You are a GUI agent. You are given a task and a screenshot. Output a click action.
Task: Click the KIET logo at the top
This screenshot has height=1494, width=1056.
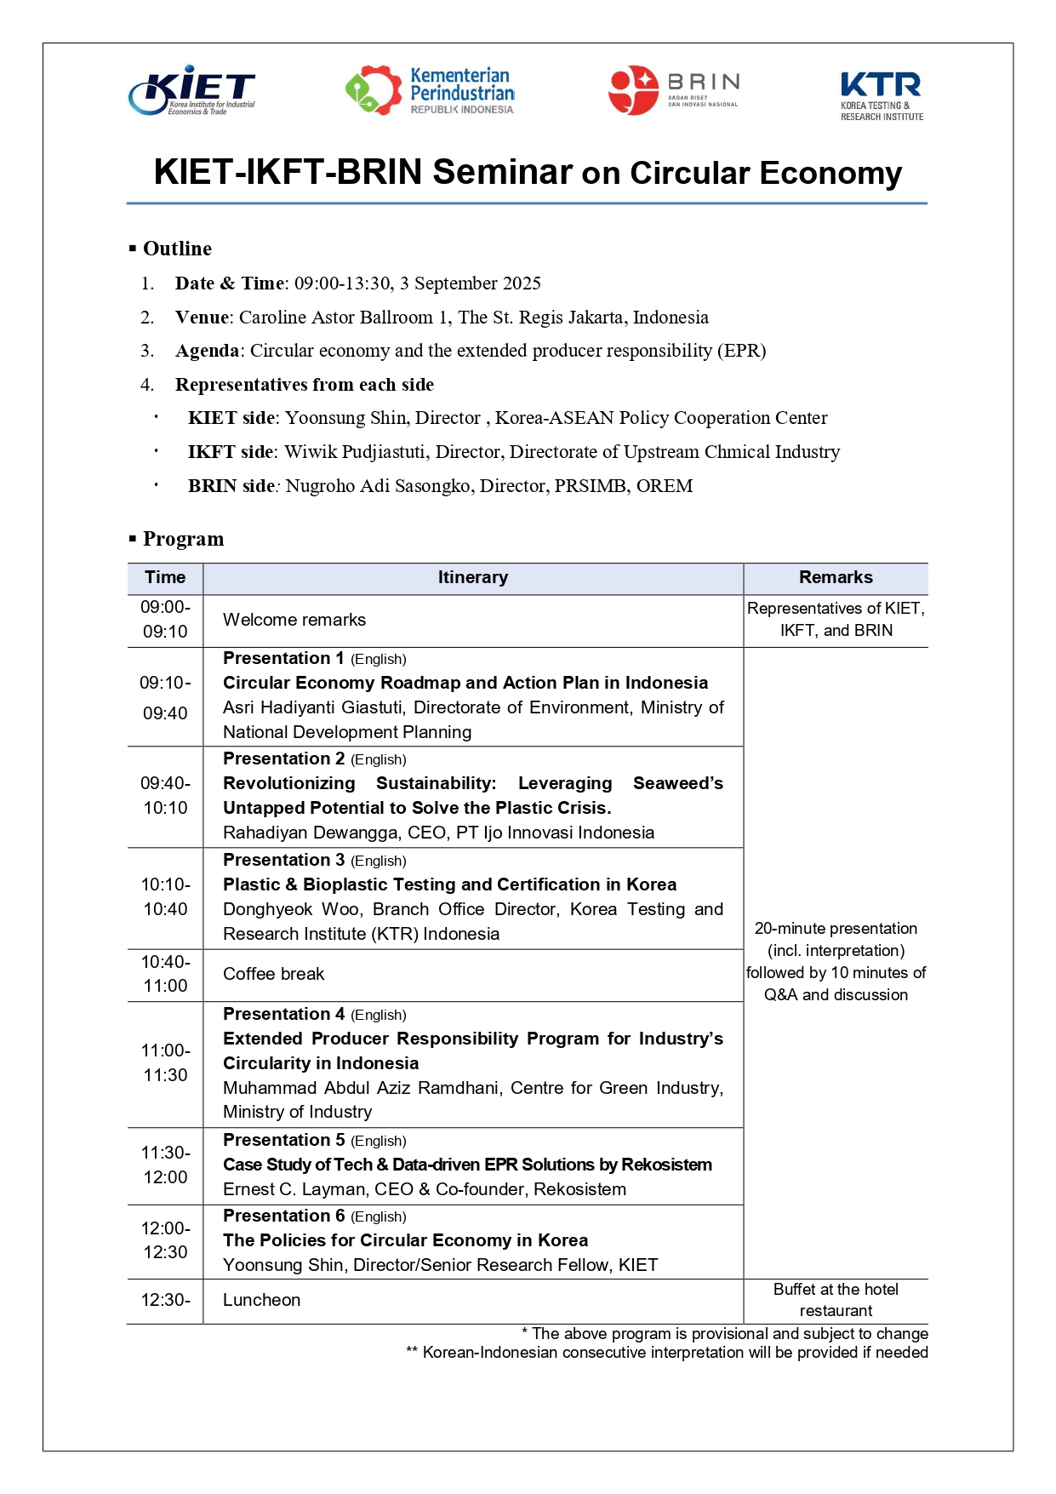click(192, 90)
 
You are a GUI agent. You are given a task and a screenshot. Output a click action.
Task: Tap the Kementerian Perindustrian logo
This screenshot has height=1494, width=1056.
click(430, 90)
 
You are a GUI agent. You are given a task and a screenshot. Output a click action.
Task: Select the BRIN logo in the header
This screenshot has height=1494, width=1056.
click(673, 90)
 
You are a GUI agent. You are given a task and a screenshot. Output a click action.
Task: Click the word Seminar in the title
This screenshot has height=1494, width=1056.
click(502, 172)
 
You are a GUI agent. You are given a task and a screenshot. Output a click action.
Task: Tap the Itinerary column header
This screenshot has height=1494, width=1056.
click(472, 577)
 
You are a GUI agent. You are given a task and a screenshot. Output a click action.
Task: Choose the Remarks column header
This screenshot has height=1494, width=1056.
click(836, 577)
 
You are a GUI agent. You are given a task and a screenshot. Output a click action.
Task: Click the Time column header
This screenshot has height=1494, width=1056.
click(165, 577)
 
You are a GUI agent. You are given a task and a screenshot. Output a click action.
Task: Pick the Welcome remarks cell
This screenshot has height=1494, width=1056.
click(294, 620)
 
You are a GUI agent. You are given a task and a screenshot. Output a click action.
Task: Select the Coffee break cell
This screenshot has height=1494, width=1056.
click(273, 974)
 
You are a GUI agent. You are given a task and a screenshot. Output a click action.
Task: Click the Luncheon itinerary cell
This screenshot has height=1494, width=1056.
click(261, 1300)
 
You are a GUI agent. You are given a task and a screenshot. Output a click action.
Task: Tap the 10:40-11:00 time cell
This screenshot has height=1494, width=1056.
click(165, 974)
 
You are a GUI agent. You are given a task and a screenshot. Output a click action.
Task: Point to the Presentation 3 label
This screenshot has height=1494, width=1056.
click(283, 860)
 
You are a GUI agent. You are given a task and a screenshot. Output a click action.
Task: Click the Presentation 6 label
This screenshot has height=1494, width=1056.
click(283, 1216)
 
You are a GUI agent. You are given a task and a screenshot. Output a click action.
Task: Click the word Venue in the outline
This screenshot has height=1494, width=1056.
click(203, 318)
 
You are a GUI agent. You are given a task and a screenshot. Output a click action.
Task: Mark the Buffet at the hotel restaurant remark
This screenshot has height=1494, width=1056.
click(836, 1300)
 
